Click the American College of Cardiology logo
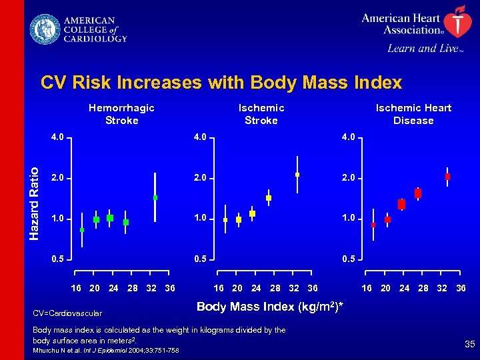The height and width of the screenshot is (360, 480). coord(78,30)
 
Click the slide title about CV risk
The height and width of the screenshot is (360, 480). coord(221,83)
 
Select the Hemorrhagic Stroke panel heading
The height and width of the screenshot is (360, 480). coord(121,114)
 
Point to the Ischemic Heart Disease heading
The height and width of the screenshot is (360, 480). coord(413,114)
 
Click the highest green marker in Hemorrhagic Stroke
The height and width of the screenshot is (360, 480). coord(155,197)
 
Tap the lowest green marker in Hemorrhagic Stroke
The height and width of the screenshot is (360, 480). coord(82,230)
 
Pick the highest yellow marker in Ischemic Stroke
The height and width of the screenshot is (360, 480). coord(297,175)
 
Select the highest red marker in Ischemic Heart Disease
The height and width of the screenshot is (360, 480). coord(447,177)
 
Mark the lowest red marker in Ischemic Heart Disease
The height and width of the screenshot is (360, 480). coord(373,225)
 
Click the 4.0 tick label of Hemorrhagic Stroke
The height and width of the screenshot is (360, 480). coord(58,138)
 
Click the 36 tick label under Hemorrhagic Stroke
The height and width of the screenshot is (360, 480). coord(170,288)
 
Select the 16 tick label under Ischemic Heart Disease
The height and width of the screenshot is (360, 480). coord(366,288)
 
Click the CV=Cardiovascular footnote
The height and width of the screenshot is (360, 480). coord(67,313)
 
